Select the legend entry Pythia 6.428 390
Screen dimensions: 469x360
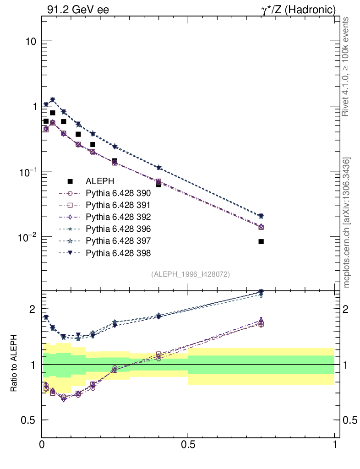click(118, 194)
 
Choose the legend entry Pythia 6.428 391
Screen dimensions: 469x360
click(118, 205)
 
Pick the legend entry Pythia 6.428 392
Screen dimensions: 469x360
click(118, 217)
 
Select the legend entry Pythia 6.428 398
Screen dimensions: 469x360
click(118, 253)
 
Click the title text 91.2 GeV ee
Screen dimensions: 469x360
click(78, 10)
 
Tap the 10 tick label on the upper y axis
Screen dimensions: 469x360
click(30, 41)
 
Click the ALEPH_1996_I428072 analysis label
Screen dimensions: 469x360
click(190, 274)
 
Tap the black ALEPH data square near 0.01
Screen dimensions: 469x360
click(46, 121)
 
